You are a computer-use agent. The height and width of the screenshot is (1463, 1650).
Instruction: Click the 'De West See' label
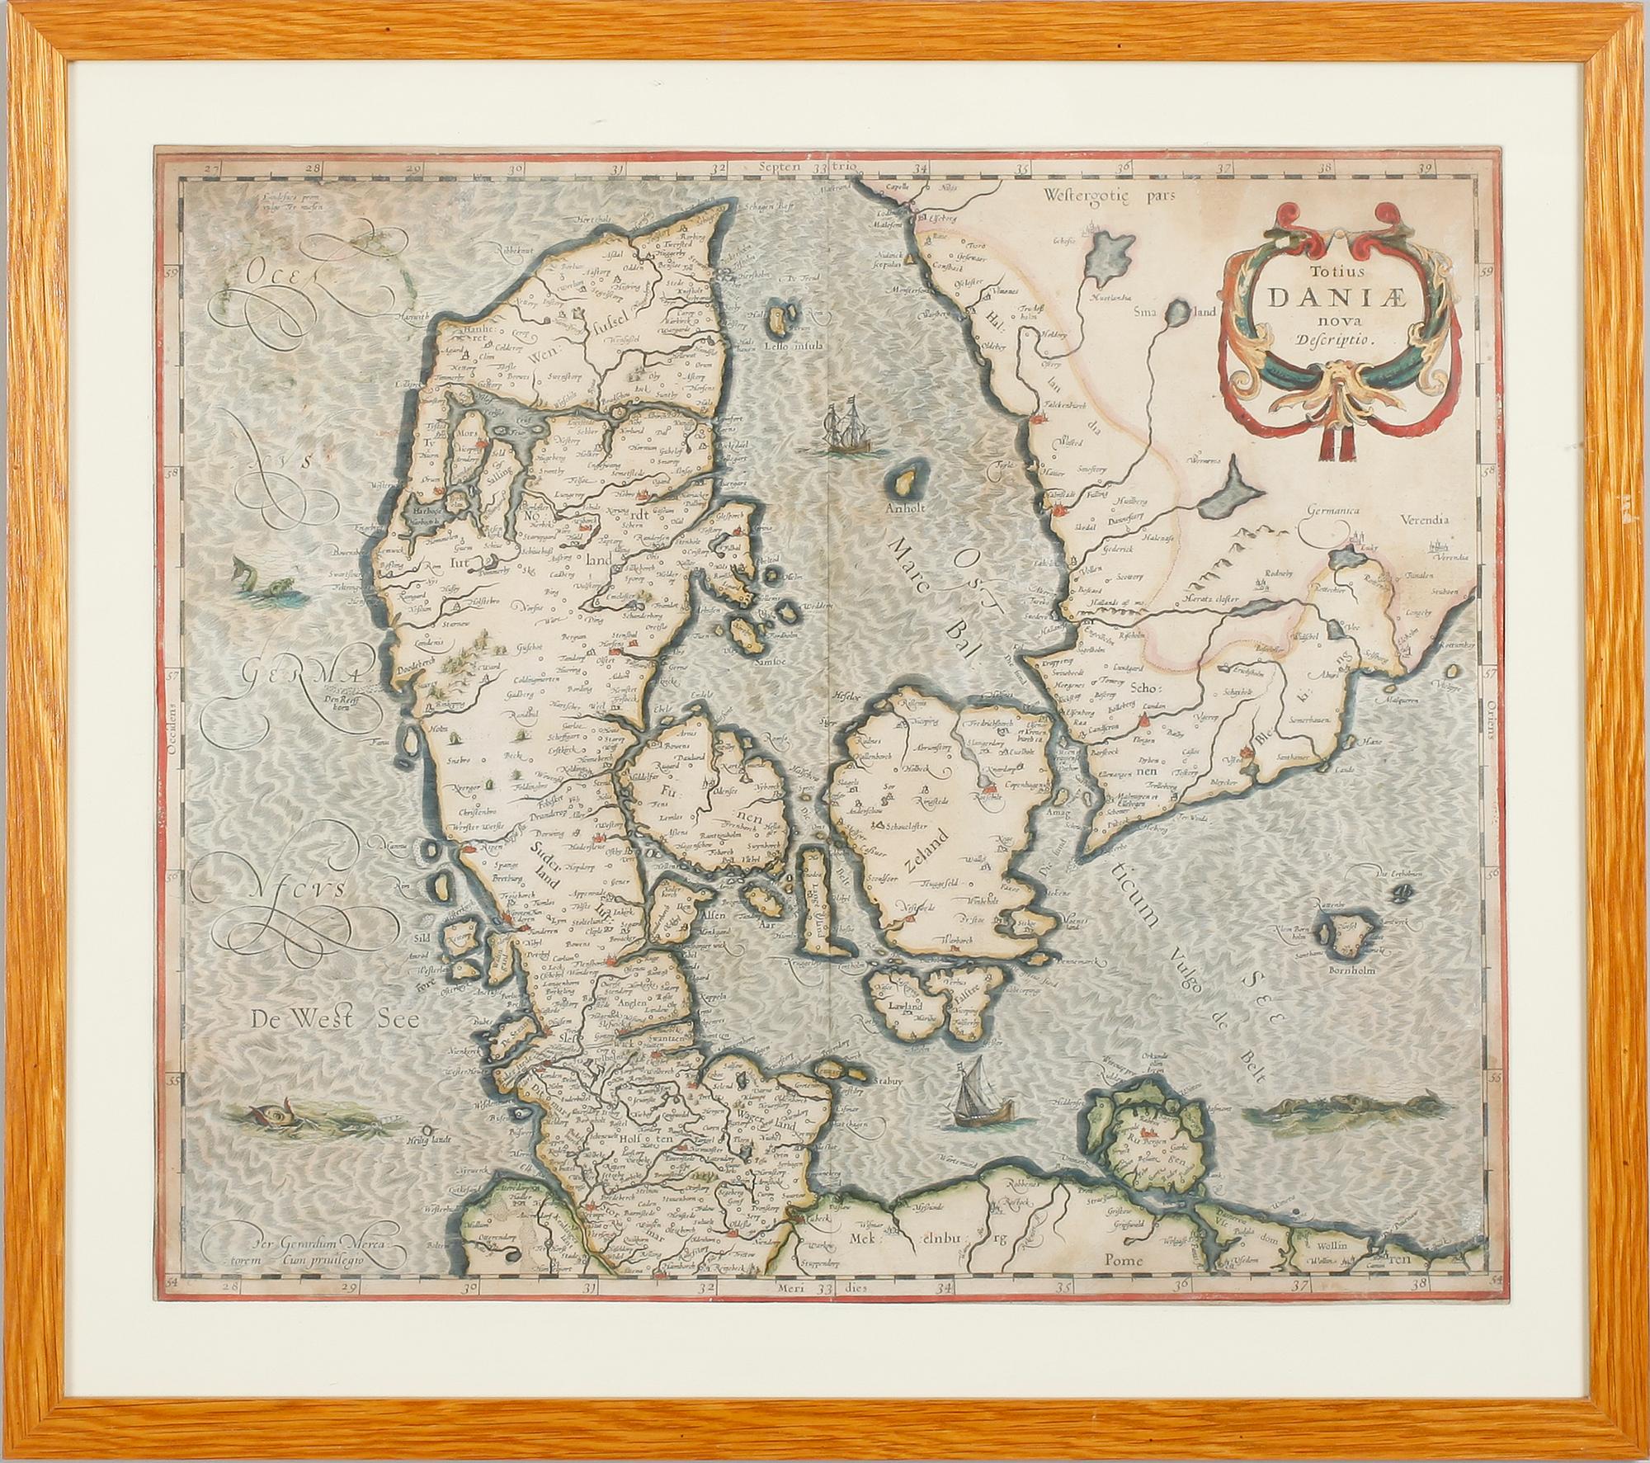[x=337, y=1020]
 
